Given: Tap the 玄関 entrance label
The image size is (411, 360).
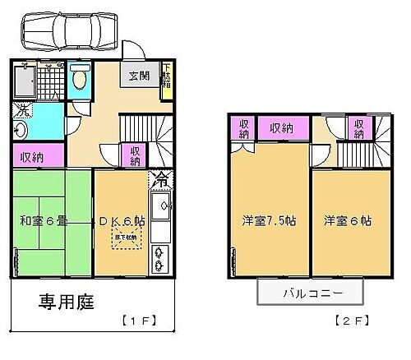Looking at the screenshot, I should coord(137,76).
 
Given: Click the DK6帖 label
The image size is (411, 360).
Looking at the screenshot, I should coord(123,219).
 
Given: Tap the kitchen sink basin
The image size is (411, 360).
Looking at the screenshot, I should coord(161,205).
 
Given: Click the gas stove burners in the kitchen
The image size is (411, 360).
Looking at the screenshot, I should coord(161,260).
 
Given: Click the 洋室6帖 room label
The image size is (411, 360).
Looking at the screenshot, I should coord(346,221).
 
